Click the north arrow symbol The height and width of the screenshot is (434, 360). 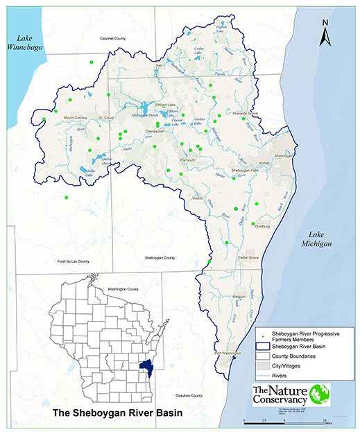pos(325,35)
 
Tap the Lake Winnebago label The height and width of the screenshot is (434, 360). pos(20,44)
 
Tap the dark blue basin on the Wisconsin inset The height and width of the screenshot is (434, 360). pos(146,365)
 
